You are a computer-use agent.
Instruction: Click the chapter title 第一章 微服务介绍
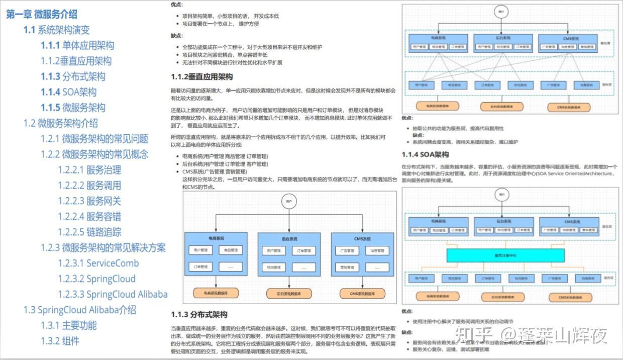pyautogui.click(x=42, y=14)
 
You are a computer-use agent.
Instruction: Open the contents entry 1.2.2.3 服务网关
pyautogui.click(x=89, y=201)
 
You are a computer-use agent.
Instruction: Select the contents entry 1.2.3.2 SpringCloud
pyautogui.click(x=96, y=279)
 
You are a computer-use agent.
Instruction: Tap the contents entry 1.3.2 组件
pyautogui.click(x=60, y=341)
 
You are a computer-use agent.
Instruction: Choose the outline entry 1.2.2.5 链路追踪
pyautogui.click(x=89, y=232)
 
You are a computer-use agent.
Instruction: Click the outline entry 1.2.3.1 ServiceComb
pyautogui.click(x=98, y=263)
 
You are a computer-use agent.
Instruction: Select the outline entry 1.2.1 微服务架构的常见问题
pyautogui.click(x=95, y=139)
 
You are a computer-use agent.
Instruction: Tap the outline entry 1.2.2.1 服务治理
pyautogui.click(x=89, y=170)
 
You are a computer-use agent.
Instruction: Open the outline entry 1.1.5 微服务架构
pyautogui.click(x=73, y=108)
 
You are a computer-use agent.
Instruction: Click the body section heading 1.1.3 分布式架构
pyautogui.click(x=199, y=314)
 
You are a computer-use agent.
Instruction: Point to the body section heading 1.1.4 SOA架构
pyautogui.click(x=425, y=154)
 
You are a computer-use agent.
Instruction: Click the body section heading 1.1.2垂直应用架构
pyautogui.click(x=202, y=77)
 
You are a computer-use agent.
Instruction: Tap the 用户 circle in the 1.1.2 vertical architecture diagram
pyautogui.click(x=289, y=201)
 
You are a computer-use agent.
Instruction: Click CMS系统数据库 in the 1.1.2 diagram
pyautogui.click(x=363, y=293)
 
